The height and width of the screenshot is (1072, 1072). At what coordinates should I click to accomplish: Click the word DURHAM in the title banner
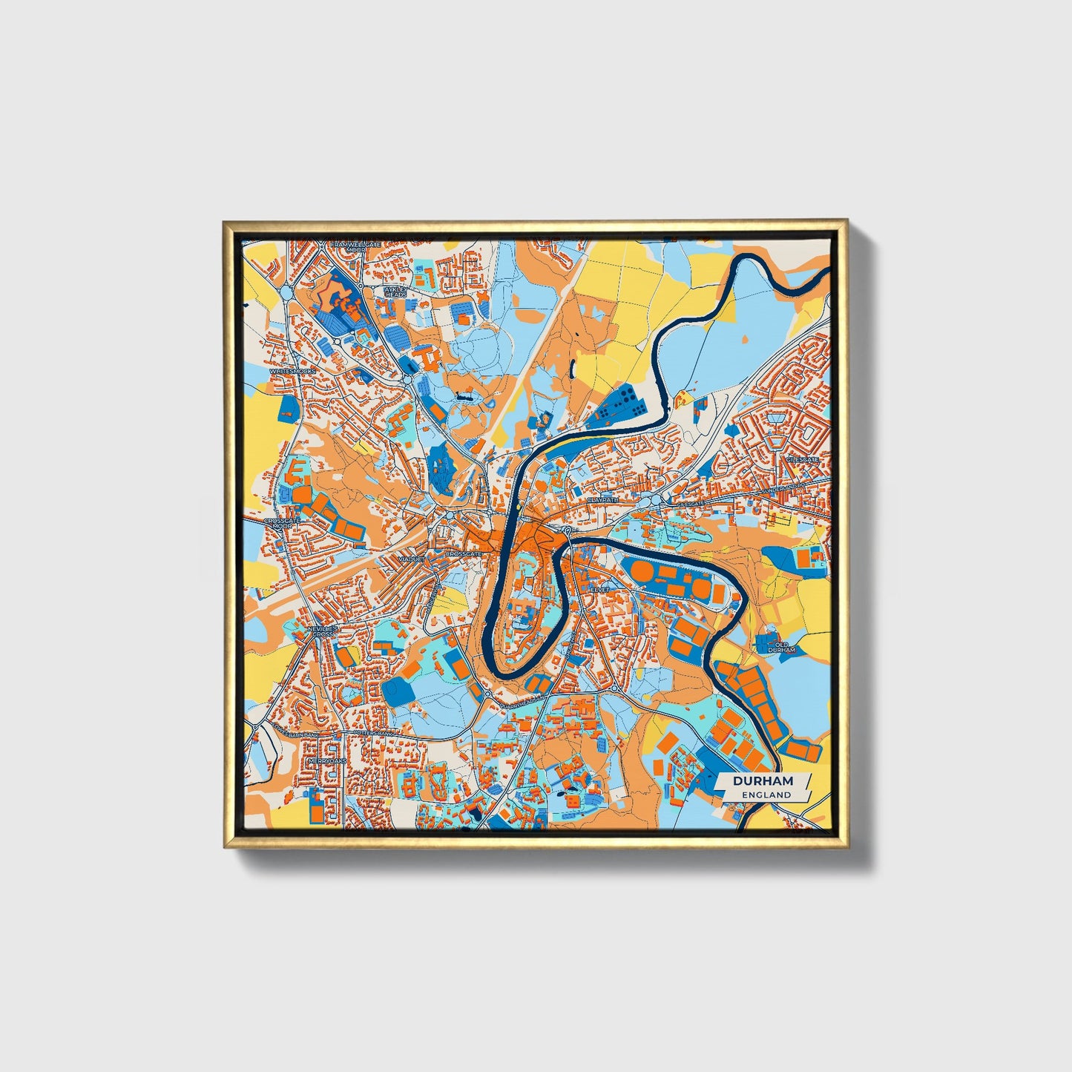(x=763, y=781)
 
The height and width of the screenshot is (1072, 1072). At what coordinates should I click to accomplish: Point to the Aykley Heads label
(x=395, y=291)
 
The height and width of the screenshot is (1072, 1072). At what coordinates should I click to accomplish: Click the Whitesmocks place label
(x=293, y=370)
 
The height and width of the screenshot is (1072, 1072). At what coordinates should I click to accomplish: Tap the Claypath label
(x=602, y=501)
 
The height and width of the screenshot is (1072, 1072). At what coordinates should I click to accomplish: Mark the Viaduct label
(x=410, y=558)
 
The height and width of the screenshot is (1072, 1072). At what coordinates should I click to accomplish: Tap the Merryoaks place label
(x=325, y=762)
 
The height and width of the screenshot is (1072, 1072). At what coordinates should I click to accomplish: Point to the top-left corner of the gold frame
(x=223, y=220)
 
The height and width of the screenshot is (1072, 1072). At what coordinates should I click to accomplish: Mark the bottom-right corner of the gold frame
(x=847, y=848)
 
